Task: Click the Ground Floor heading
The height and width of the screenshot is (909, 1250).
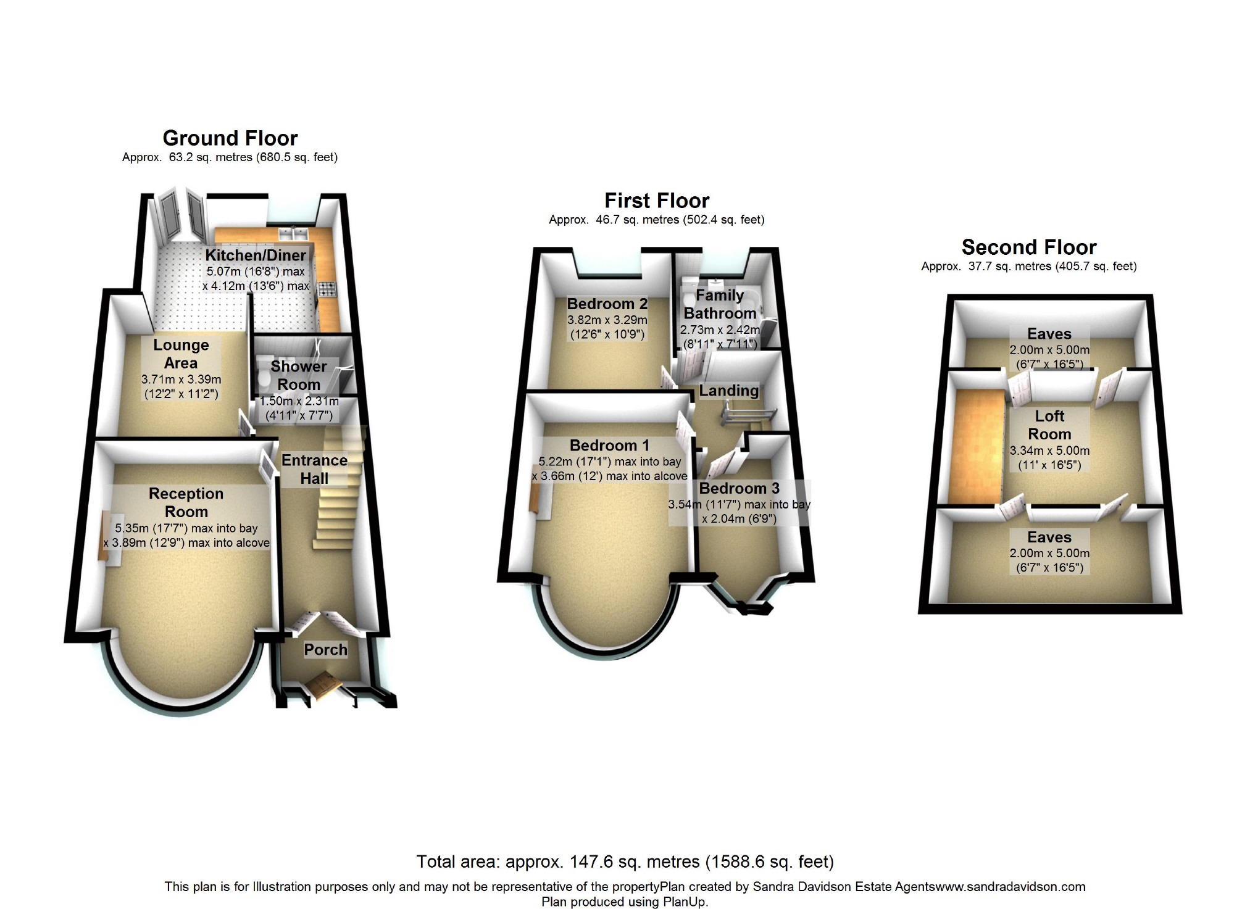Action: tap(230, 138)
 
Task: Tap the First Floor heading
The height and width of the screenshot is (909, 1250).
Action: tap(657, 201)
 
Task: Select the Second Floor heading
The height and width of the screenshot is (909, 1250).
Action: tap(1029, 247)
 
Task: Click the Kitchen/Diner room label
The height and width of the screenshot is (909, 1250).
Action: tap(256, 255)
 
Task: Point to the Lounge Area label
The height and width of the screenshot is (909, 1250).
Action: tap(181, 354)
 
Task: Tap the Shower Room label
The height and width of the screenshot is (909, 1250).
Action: tap(299, 375)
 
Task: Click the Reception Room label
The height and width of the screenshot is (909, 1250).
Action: tap(186, 502)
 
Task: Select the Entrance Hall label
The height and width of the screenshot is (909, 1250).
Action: tap(314, 469)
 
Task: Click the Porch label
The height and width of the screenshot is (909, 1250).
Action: tap(325, 649)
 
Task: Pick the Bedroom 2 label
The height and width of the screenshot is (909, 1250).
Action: tap(607, 304)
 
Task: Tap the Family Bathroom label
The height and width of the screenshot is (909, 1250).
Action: tap(720, 304)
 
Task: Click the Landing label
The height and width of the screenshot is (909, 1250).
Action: tap(728, 391)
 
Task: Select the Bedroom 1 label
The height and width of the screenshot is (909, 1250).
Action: tap(609, 446)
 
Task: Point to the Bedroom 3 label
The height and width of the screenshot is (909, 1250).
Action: tap(739, 489)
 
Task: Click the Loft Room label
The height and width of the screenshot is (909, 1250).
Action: tap(1049, 425)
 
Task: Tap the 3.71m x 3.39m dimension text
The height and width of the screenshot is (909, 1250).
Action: tap(181, 380)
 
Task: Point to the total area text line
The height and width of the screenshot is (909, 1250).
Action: tap(625, 861)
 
